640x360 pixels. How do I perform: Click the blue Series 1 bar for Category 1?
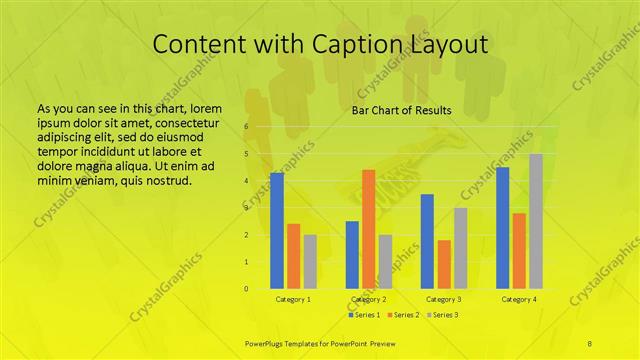click(x=277, y=231)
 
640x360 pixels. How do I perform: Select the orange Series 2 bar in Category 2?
click(x=368, y=229)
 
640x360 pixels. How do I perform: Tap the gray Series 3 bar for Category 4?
click(x=536, y=221)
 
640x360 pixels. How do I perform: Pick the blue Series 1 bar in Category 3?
click(x=427, y=241)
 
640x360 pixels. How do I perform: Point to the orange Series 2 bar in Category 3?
click(x=444, y=264)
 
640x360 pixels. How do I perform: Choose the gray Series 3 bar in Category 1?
click(x=310, y=262)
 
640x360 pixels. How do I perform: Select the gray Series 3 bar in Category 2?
click(x=385, y=262)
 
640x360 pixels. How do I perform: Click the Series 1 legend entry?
click(x=364, y=315)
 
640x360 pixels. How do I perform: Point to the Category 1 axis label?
click(x=293, y=299)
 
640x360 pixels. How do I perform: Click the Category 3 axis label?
click(x=444, y=299)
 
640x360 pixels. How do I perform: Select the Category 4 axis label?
click(x=519, y=299)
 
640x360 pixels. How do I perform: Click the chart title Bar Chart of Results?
click(x=401, y=110)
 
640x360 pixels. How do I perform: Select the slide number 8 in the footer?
click(x=589, y=342)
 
